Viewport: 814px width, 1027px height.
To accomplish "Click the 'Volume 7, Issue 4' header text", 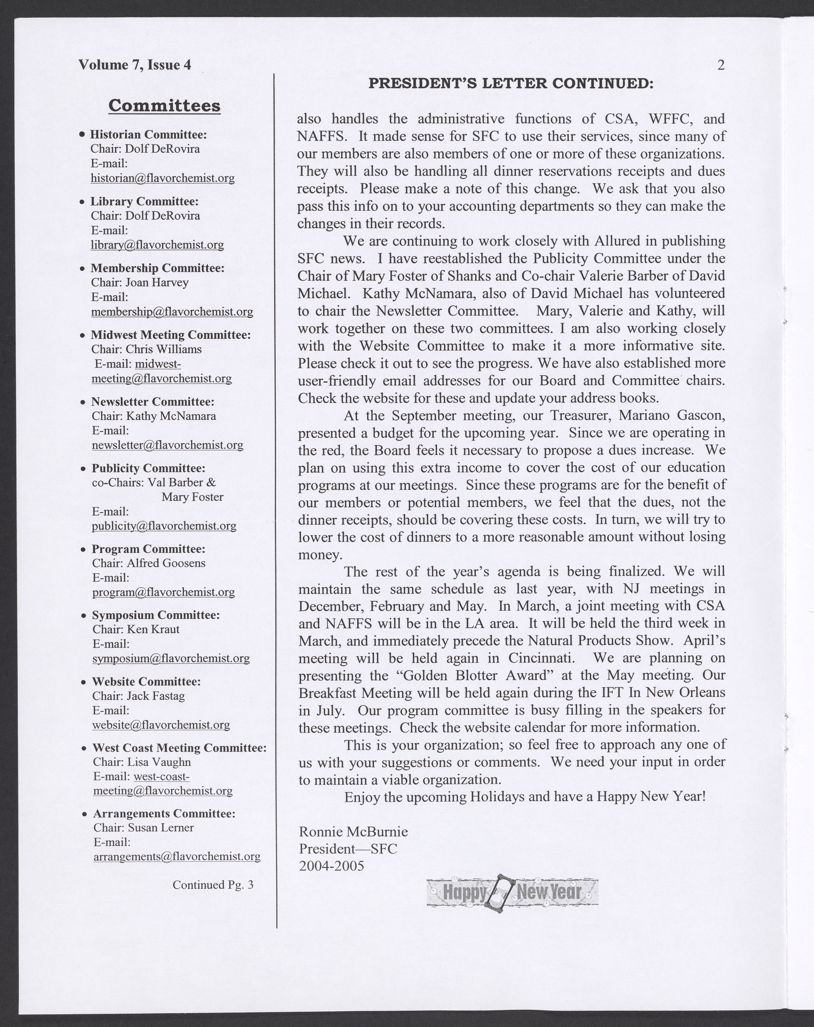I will [x=135, y=65].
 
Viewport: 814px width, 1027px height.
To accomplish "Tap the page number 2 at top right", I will [x=721, y=65].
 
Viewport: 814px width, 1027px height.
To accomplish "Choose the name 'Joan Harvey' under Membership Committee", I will [x=157, y=282].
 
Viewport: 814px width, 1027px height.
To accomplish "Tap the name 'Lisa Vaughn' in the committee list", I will [x=159, y=762].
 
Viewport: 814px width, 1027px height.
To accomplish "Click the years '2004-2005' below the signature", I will [x=331, y=865].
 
